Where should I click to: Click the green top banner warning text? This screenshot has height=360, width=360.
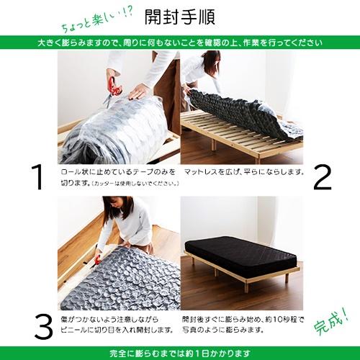pos(180,42)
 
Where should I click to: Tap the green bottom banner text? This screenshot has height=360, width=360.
pos(180,353)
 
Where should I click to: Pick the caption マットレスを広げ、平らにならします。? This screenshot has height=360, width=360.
pos(245,173)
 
